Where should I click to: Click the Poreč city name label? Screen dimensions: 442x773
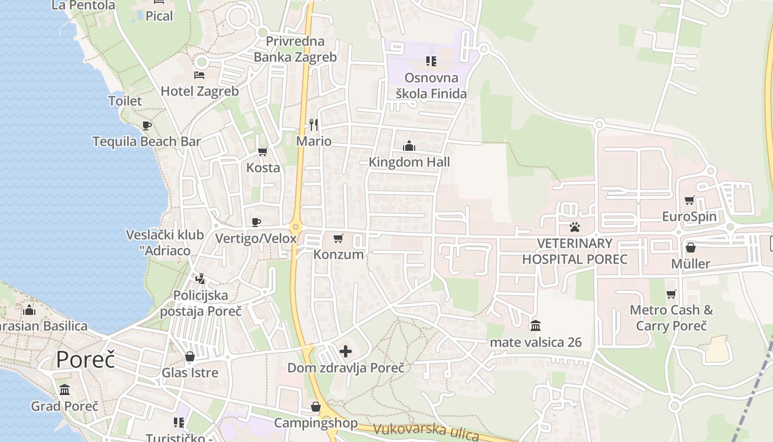pyautogui.click(x=86, y=360)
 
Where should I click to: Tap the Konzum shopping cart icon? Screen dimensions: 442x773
pyautogui.click(x=338, y=239)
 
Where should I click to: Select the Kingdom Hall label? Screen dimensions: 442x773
pyautogui.click(x=409, y=162)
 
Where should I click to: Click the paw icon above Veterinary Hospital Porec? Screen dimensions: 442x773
pyautogui.click(x=575, y=227)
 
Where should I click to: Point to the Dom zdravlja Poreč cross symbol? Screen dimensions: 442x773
pyautogui.click(x=346, y=351)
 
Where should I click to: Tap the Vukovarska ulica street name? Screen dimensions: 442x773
pyautogui.click(x=426, y=432)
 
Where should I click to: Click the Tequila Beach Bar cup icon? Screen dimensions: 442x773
pyautogui.click(x=146, y=125)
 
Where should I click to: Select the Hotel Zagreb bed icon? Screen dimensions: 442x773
pyautogui.click(x=199, y=75)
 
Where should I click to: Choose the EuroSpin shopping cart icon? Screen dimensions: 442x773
pyautogui.click(x=689, y=200)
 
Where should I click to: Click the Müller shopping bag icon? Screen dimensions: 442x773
pyautogui.click(x=690, y=248)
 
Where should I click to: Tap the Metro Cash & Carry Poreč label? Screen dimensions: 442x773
pyautogui.click(x=671, y=318)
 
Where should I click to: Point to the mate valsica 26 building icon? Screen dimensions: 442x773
pyautogui.click(x=535, y=326)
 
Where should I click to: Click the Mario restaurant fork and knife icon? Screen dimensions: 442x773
pyautogui.click(x=314, y=125)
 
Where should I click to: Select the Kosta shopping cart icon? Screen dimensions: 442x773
pyautogui.click(x=263, y=151)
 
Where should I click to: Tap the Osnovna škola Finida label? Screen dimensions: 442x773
pyautogui.click(x=431, y=86)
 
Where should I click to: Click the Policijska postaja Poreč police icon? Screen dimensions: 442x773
pyautogui.click(x=200, y=279)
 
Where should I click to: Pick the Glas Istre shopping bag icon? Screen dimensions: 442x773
pyautogui.click(x=190, y=356)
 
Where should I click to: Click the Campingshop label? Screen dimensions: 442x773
pyautogui.click(x=316, y=423)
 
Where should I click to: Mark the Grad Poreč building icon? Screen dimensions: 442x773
pyautogui.click(x=65, y=390)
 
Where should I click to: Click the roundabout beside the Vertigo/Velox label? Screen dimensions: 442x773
pyautogui.click(x=297, y=227)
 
